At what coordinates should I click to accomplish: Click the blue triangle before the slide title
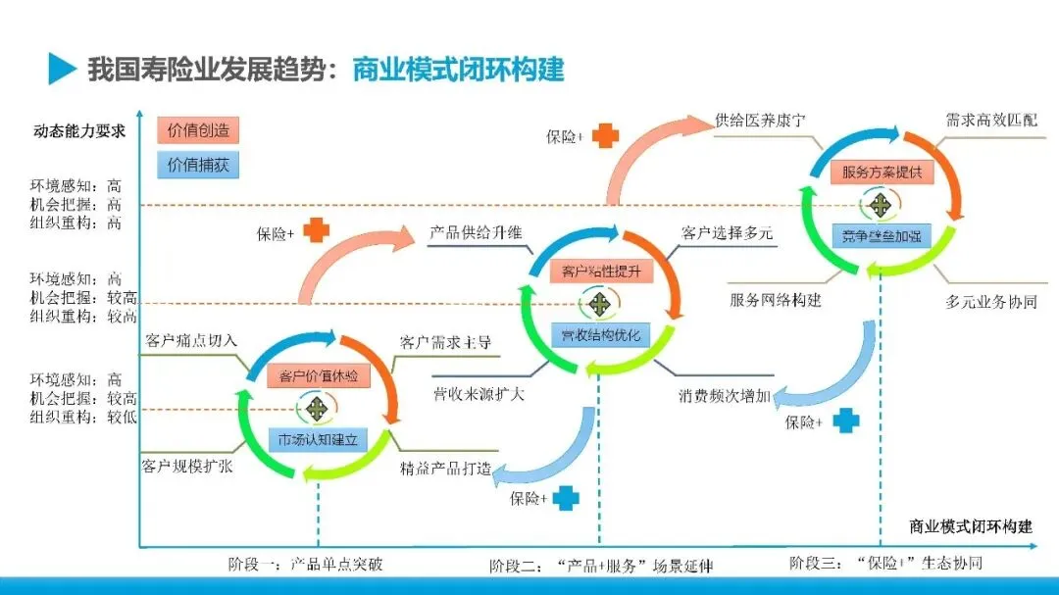coord(62,69)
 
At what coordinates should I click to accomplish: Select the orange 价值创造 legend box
coord(197,129)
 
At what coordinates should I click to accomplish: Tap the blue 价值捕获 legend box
coord(197,165)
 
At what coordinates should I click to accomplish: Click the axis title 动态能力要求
coord(79,130)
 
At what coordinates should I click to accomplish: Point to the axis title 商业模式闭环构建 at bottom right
coord(971,526)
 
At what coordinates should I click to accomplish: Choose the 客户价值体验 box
coord(318,376)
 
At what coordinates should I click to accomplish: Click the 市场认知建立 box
coord(318,438)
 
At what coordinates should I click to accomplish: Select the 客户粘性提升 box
coord(601,272)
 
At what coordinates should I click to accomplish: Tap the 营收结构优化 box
coord(600,335)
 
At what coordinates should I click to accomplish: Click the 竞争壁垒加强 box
coord(882,235)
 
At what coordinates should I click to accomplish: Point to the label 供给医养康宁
coord(761,122)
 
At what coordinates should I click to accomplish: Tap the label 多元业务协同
coord(991,302)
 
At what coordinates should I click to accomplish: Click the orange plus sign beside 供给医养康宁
coord(606,136)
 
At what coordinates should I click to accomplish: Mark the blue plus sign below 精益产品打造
coord(566,498)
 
